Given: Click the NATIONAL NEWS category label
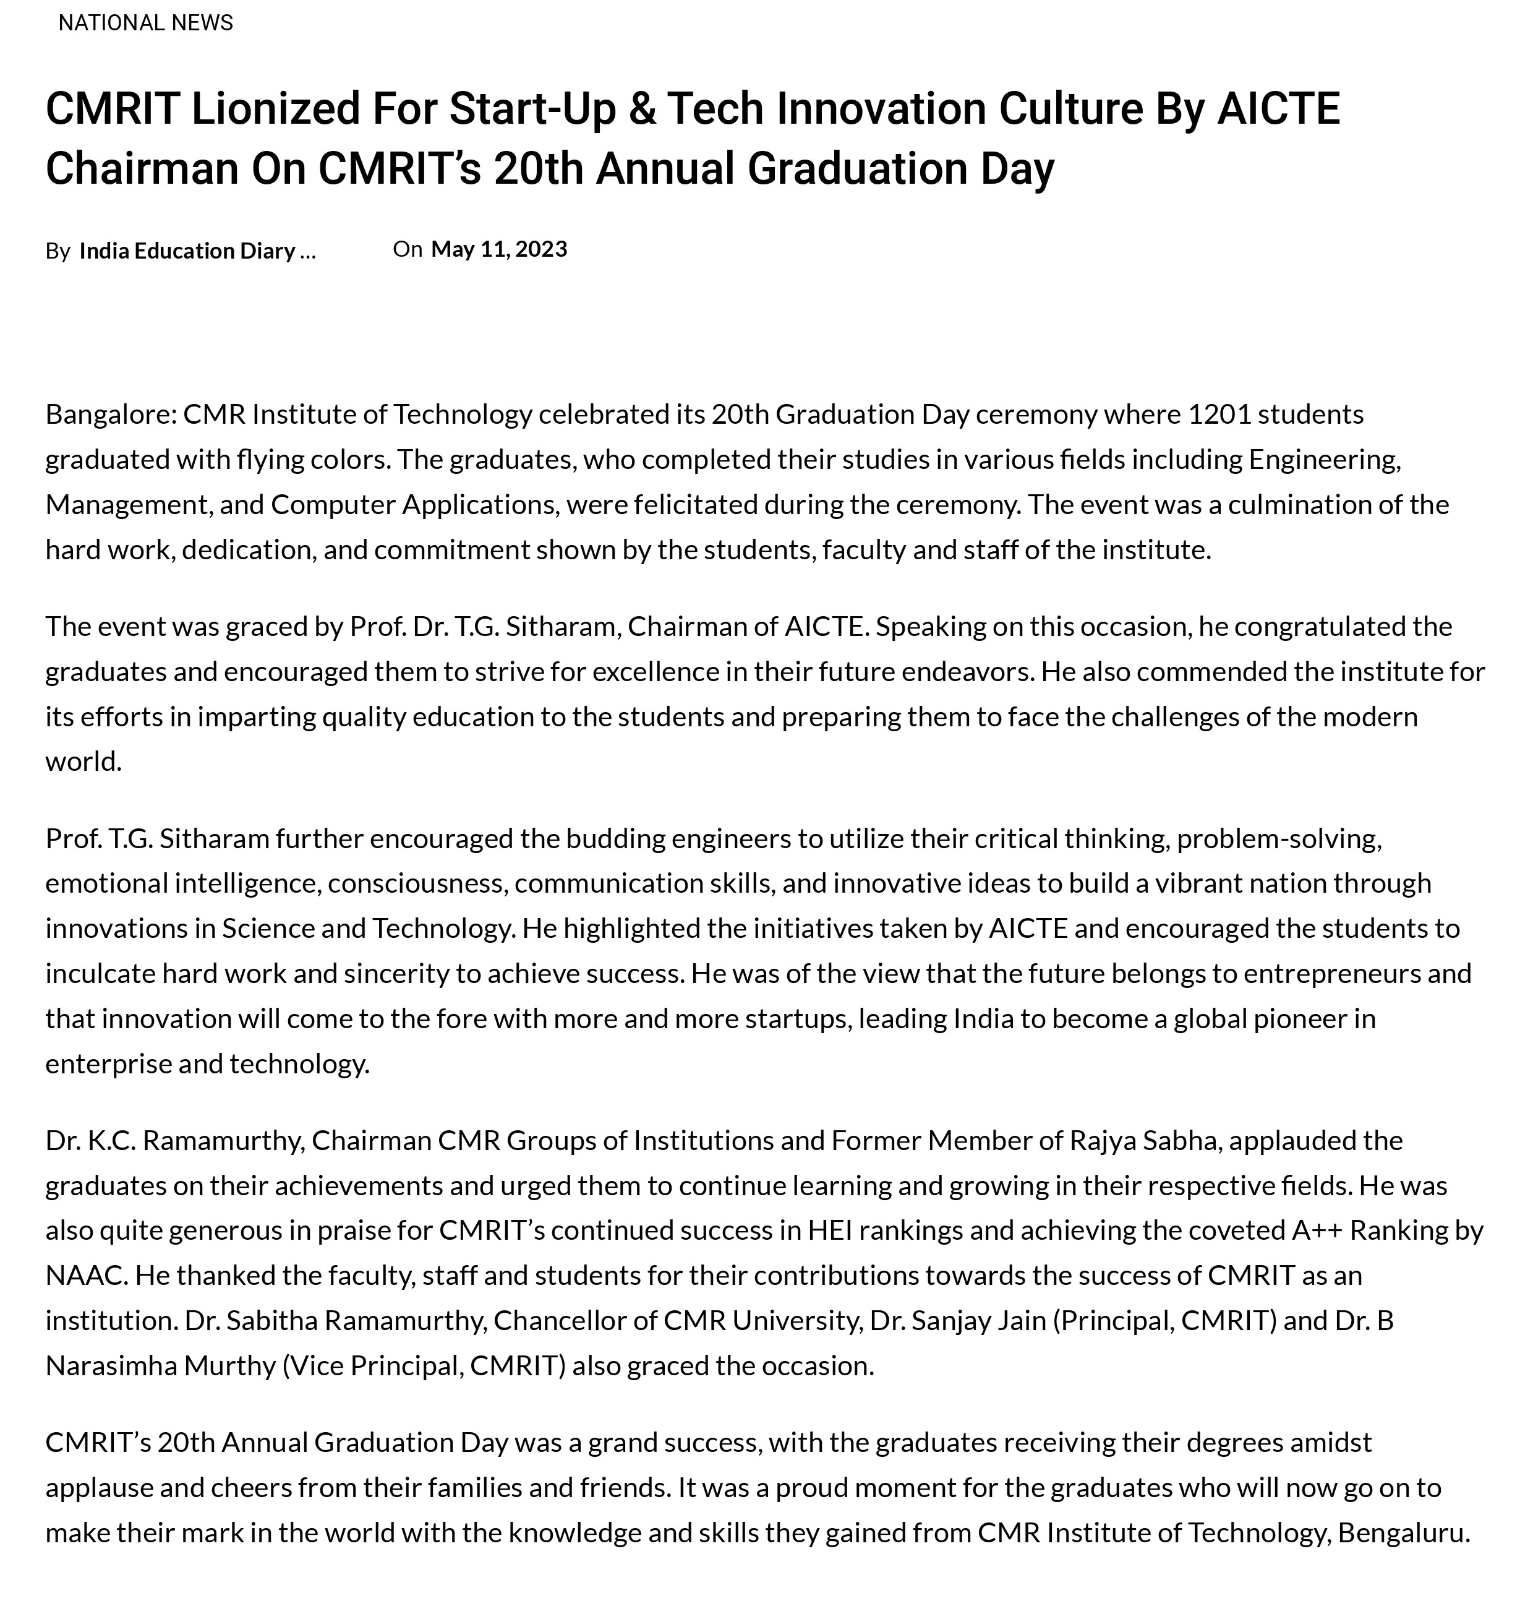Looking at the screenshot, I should tap(145, 23).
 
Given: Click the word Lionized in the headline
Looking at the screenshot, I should tap(275, 109).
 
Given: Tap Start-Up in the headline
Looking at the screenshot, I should tap(532, 109).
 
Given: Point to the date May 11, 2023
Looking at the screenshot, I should tap(498, 249).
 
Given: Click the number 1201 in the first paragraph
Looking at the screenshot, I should tap(1219, 414).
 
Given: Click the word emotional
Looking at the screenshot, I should tap(106, 883).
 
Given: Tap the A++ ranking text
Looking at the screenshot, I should tap(1317, 1229).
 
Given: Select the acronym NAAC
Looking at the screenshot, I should tap(85, 1274).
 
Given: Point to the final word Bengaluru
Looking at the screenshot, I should tap(1403, 1532).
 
